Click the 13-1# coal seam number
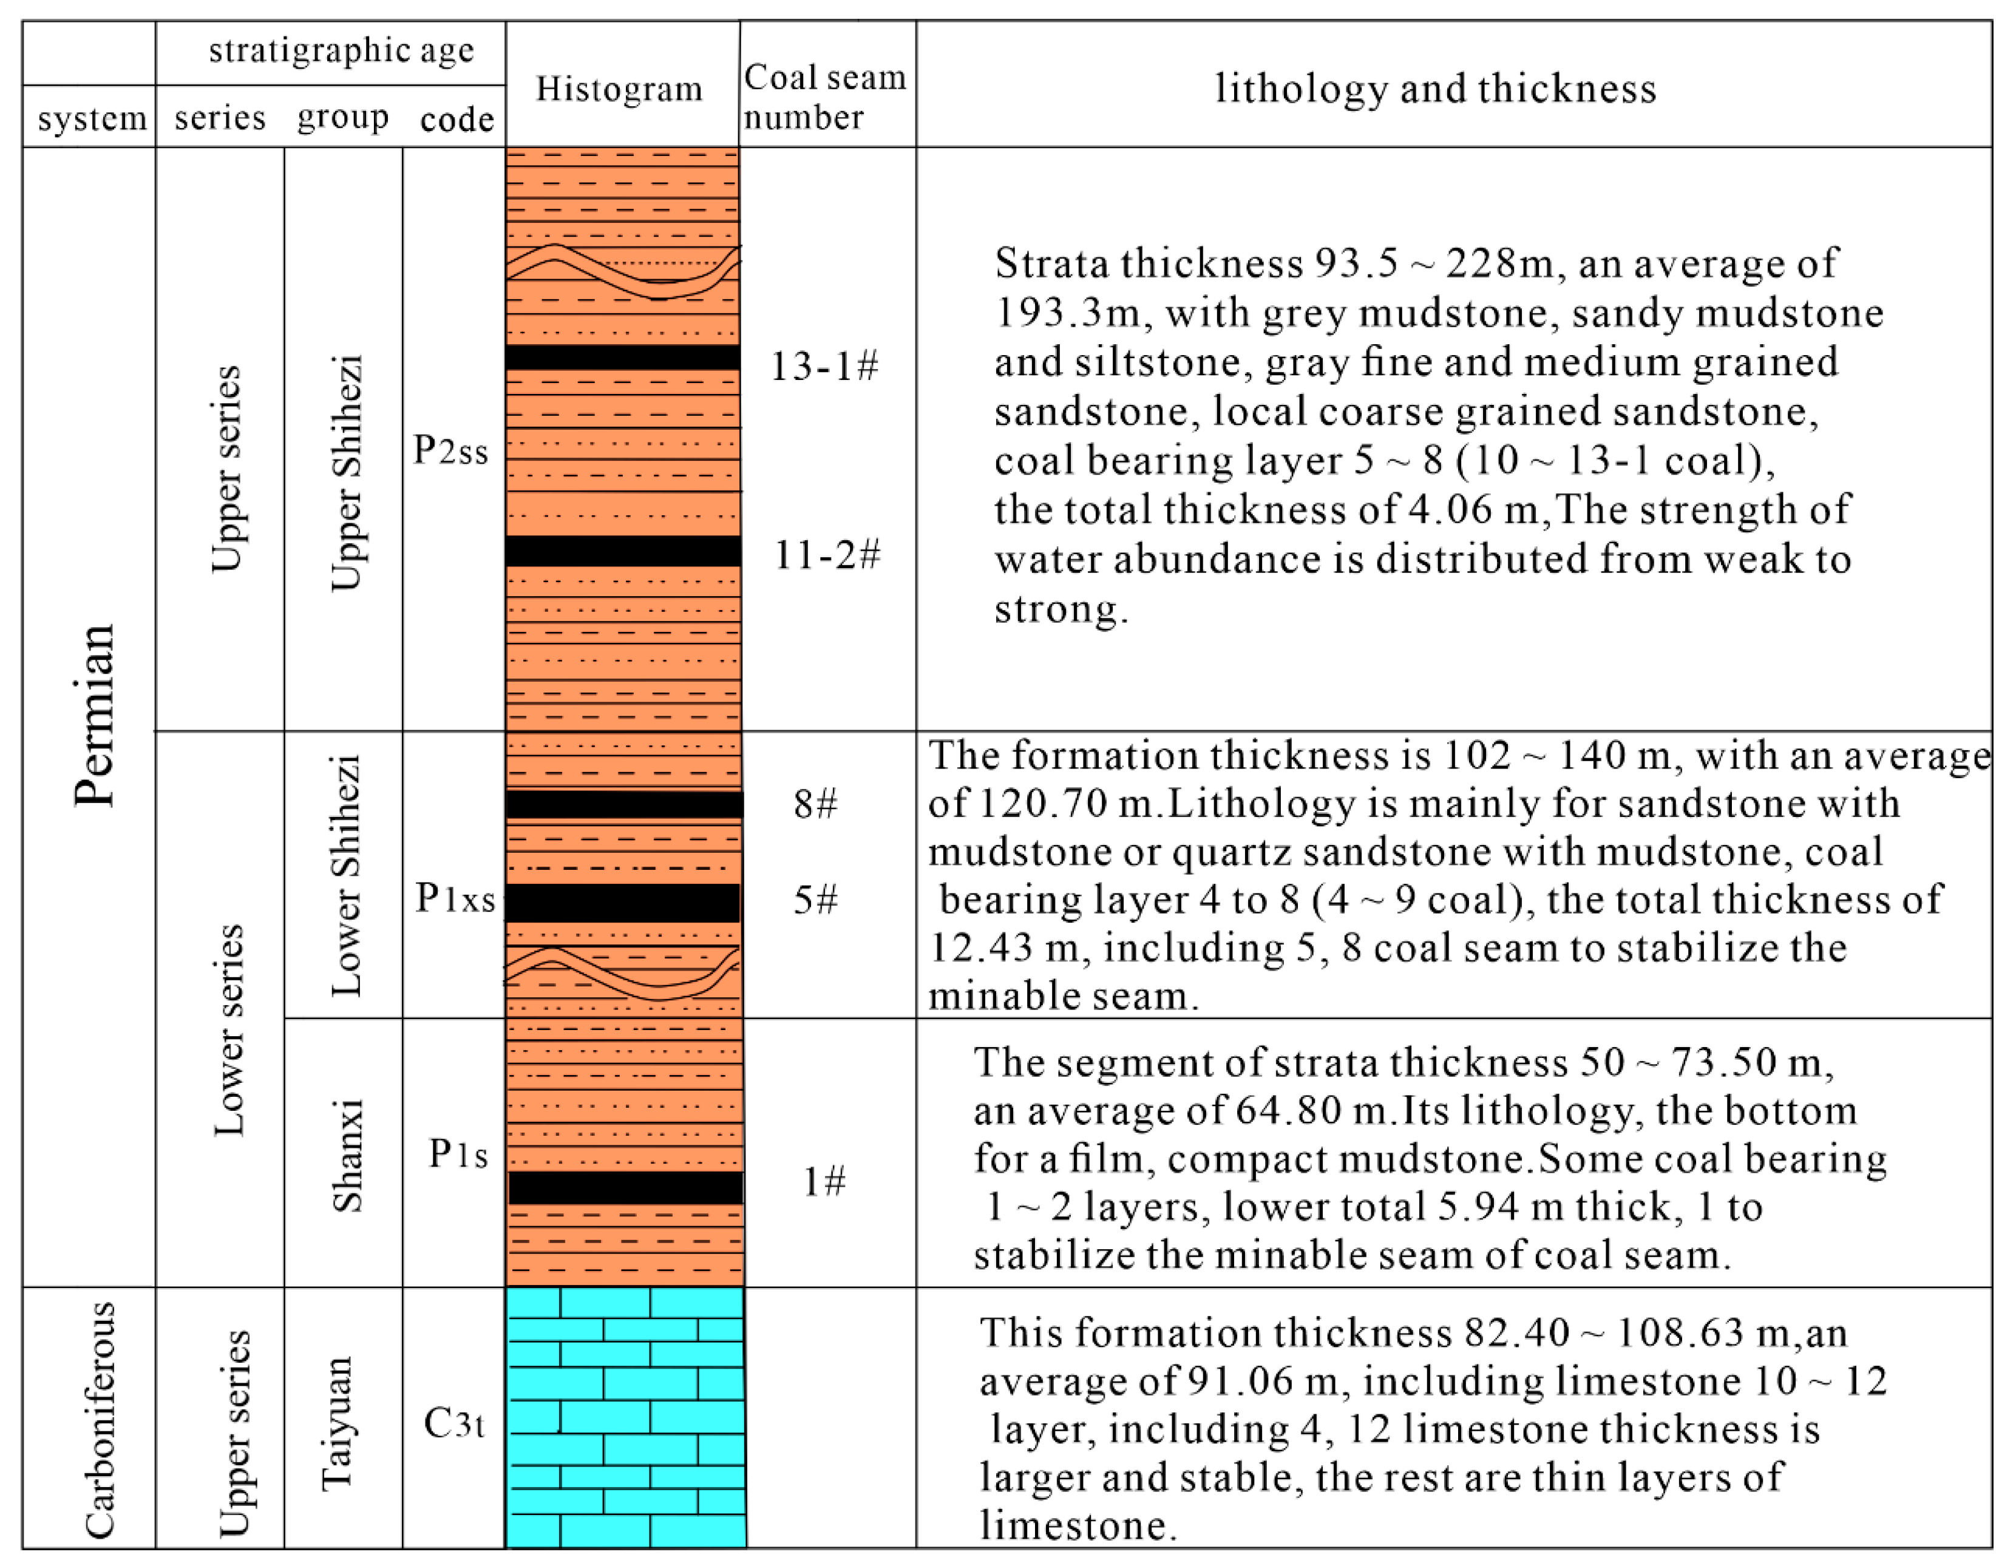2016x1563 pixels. click(x=824, y=367)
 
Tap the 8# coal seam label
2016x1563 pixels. click(x=816, y=804)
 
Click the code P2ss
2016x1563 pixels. click(x=450, y=450)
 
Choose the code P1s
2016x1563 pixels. click(x=458, y=1154)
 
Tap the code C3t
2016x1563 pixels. click(x=454, y=1423)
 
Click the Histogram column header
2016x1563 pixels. click(x=619, y=89)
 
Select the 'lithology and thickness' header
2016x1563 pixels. click(x=1436, y=89)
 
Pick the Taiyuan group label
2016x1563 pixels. click(x=337, y=1423)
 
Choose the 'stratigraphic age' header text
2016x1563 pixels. click(x=342, y=51)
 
